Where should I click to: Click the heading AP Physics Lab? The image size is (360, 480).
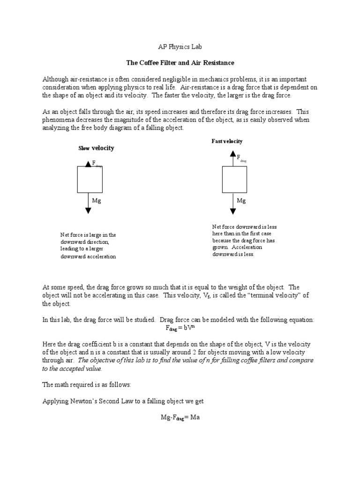pos(180,47)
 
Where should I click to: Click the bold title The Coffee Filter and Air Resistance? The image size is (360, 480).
pos(180,62)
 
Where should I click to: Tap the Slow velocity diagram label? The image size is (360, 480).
pos(96,148)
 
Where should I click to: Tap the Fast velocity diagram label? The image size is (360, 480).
pos(227,141)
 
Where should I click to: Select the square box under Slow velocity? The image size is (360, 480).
pos(90,180)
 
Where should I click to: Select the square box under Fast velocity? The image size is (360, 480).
pos(234,180)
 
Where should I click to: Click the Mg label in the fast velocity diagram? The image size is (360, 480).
pos(241,201)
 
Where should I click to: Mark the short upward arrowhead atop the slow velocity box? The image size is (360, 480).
pos(88,164)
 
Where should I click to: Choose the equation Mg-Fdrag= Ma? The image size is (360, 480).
pos(180,417)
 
